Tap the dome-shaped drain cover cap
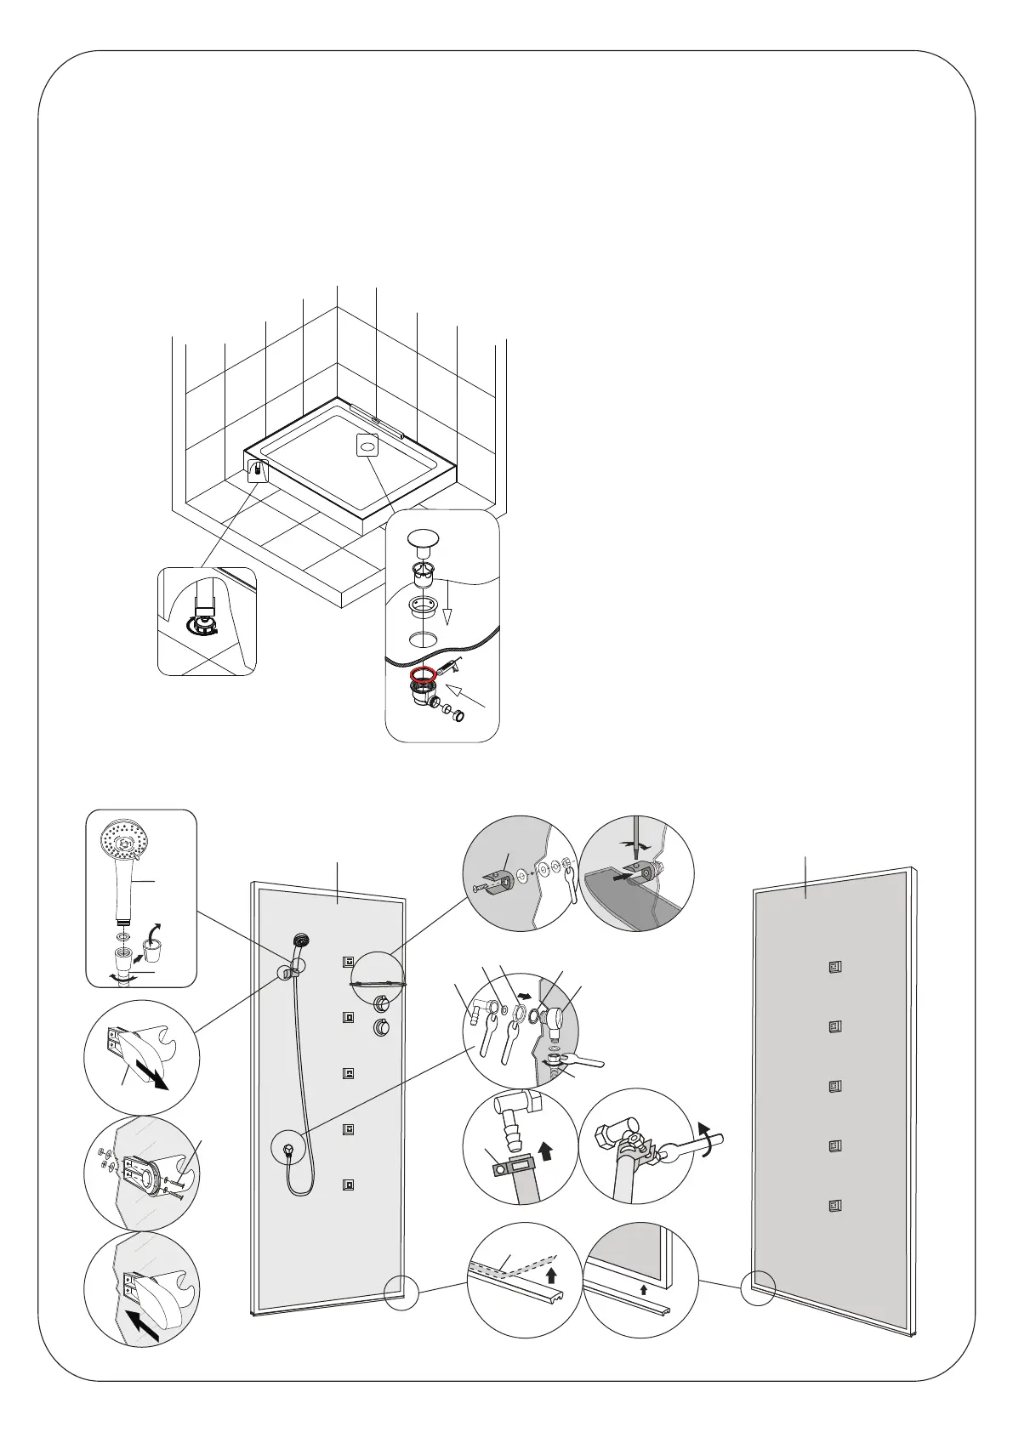point(424,539)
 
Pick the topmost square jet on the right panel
point(834,966)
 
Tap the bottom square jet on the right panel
point(834,1204)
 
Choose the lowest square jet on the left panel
point(347,1184)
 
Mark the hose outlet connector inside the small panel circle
point(289,1149)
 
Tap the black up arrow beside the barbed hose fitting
point(546,1152)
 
